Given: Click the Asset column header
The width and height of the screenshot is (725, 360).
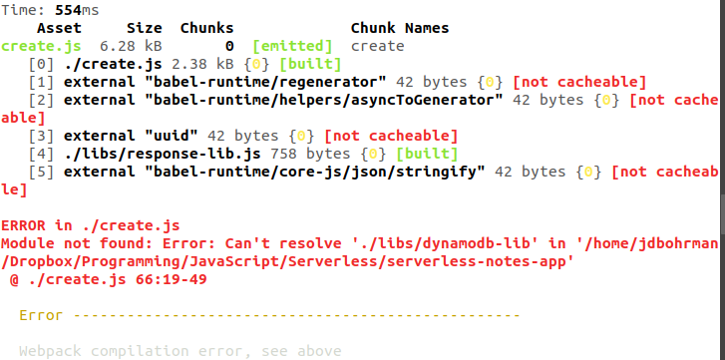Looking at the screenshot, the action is coord(59,28).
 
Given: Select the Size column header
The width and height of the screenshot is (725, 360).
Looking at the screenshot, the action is coord(145,28).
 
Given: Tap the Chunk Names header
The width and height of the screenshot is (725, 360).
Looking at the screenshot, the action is coord(400,28).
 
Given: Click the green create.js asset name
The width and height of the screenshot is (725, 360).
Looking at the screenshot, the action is coord(41,46).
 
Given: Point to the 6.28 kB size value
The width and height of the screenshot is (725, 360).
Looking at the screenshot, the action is coord(131,46).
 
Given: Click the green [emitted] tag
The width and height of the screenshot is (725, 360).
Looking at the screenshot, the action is coord(292,46).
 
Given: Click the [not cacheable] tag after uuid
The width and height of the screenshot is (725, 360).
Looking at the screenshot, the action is coord(391,136).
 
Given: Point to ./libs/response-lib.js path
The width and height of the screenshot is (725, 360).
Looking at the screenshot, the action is coord(163,154).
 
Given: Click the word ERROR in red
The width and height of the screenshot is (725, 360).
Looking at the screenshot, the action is coord(23,225).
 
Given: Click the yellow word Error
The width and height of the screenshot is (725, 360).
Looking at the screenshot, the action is coord(41,316).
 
